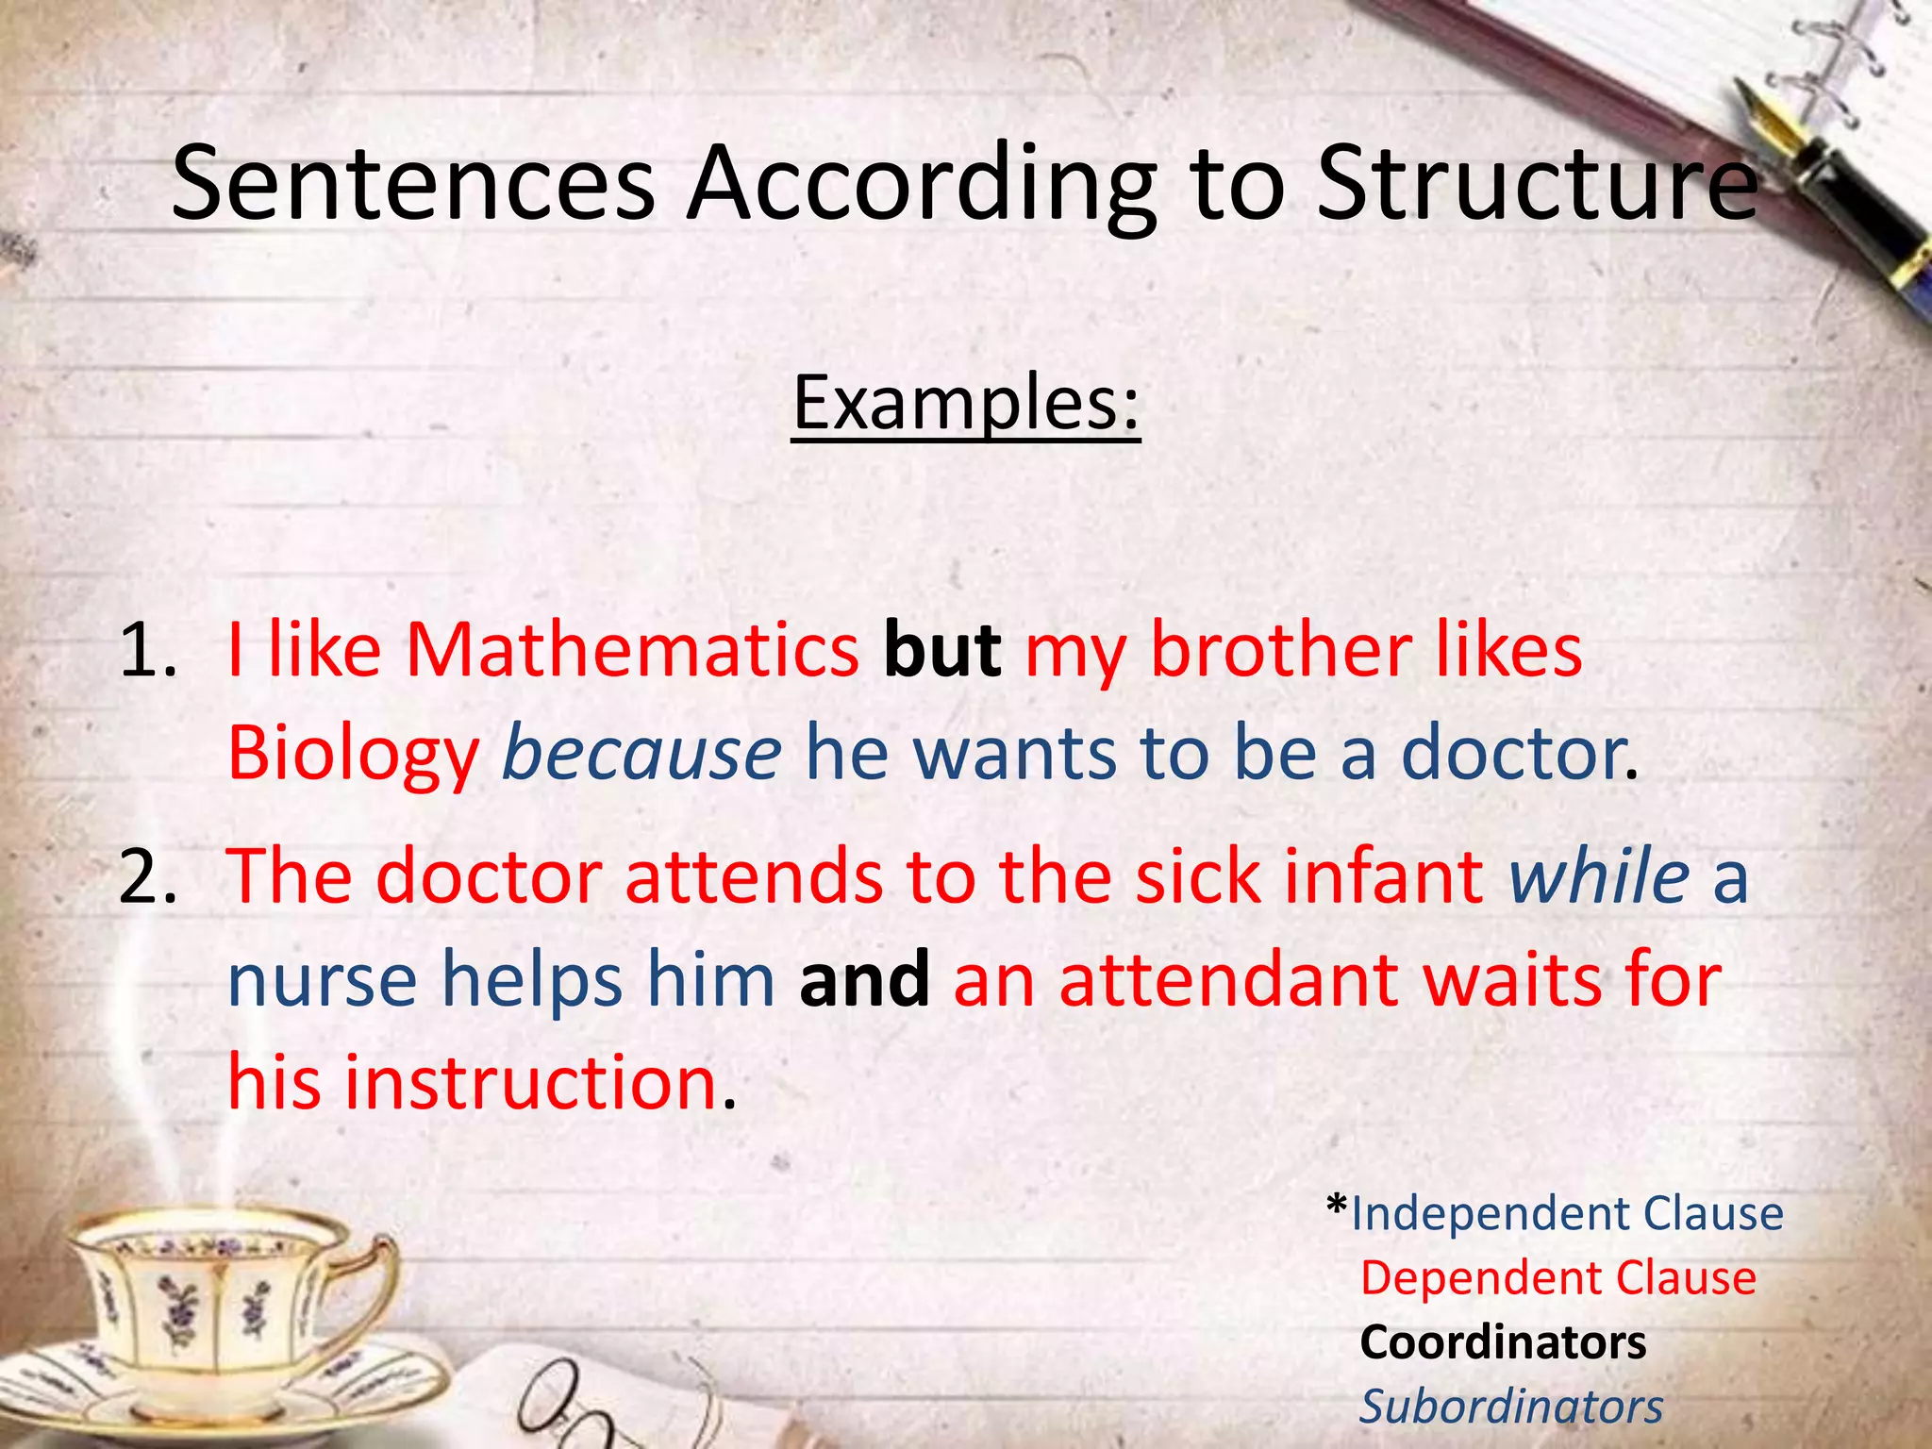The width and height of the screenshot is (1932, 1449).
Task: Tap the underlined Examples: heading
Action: [x=966, y=403]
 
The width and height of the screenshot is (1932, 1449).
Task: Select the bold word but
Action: [x=941, y=650]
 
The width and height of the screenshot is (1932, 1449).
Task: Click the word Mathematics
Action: [x=632, y=650]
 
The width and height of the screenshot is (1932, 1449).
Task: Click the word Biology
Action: [x=354, y=754]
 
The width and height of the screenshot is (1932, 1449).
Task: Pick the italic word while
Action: [x=1598, y=876]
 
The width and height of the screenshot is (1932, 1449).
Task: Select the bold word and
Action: [x=864, y=978]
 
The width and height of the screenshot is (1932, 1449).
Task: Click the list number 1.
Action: [x=148, y=652]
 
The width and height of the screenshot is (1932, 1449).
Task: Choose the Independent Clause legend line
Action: [x=1567, y=1213]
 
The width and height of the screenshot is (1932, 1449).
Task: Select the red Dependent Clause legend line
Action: [x=1557, y=1278]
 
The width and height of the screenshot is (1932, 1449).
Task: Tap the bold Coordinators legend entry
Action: [x=1503, y=1342]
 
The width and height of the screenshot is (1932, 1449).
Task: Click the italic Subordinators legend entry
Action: [x=1510, y=1407]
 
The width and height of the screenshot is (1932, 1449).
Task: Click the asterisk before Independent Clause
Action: [x=1336, y=1206]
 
